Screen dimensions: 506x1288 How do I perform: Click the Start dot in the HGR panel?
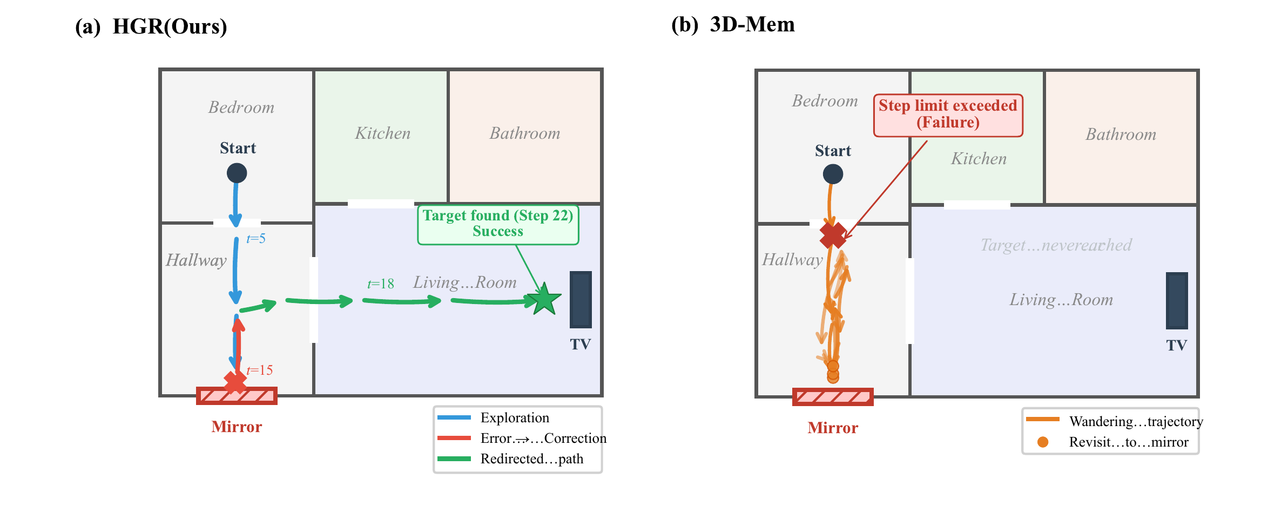237,173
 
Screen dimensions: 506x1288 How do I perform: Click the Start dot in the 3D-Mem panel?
833,174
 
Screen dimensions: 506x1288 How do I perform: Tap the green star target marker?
544,299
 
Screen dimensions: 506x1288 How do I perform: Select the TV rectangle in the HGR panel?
581,300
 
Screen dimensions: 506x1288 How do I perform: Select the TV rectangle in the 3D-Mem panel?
1177,301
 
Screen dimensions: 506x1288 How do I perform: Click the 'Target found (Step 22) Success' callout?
498,224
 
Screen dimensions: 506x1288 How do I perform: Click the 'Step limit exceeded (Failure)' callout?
948,114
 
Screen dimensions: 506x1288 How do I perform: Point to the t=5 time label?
256,239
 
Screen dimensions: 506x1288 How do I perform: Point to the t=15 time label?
260,370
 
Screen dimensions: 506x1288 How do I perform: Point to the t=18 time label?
381,284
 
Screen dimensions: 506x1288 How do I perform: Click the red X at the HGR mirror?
235,381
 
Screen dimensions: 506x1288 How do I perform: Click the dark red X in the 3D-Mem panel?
833,235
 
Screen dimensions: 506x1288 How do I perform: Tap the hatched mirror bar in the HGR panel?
237,396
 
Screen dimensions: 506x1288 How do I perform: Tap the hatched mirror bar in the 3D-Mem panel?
833,397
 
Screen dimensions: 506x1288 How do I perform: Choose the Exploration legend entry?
514,417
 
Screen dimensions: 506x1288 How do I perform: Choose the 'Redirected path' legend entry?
531,459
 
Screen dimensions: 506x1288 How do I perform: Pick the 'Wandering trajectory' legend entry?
1136,421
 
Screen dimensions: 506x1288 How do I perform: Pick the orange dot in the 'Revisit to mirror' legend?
1043,442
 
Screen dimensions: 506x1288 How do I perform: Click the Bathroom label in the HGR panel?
525,133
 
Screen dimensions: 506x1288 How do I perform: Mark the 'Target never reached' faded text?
1056,245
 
